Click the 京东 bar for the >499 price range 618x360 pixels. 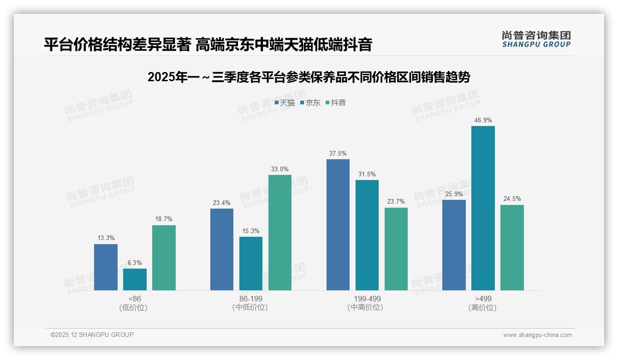coord(483,208)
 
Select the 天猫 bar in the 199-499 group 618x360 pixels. coord(338,225)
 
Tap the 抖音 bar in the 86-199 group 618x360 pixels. coord(280,233)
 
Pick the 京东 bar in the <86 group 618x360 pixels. coord(135,280)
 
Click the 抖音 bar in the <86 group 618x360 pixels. coord(164,258)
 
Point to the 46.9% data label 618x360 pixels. coord(483,120)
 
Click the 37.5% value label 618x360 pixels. coord(338,154)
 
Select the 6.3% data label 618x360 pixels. coord(135,263)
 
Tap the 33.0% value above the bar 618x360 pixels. coord(280,169)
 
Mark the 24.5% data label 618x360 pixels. coord(512,199)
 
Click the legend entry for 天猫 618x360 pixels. coord(285,103)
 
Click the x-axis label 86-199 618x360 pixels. coord(250,299)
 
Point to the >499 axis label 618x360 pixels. coord(483,299)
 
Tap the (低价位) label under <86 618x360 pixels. coord(134,308)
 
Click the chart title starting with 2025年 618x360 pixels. coord(309,78)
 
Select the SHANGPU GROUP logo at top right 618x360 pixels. coord(536,39)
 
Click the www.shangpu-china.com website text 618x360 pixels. coord(537,335)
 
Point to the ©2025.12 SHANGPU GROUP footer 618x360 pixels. coord(92,335)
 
